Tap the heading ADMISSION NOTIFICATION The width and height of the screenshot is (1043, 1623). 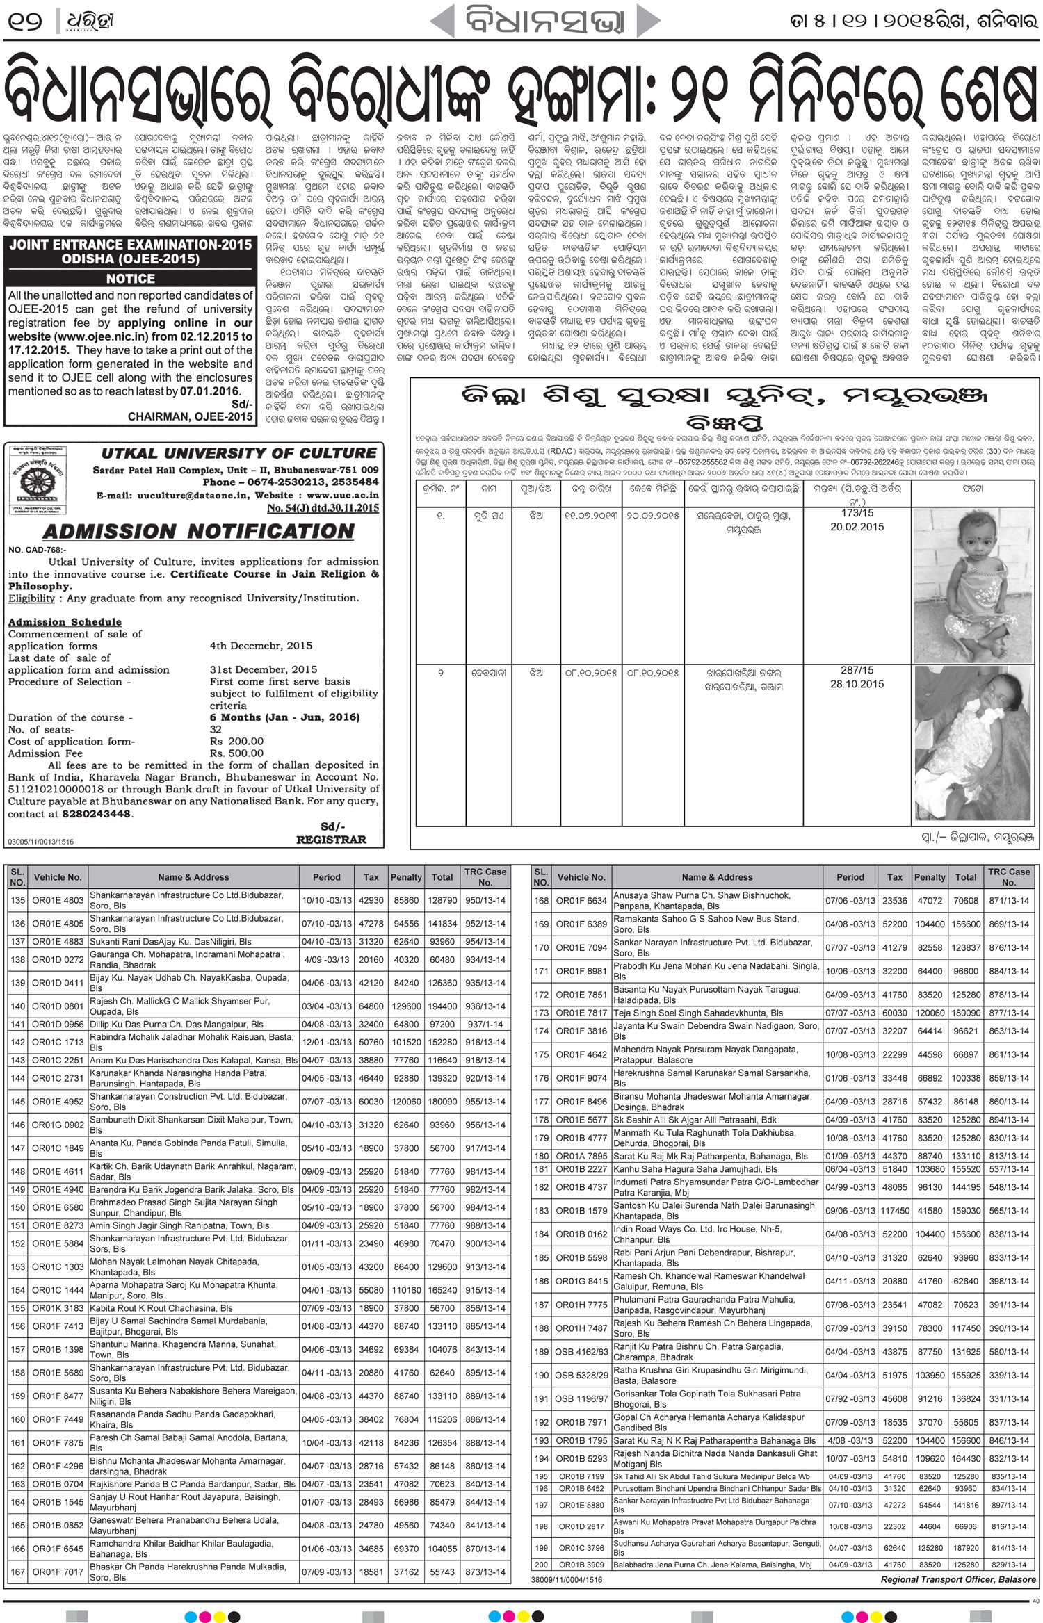(198, 532)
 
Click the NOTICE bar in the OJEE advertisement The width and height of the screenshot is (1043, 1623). (130, 279)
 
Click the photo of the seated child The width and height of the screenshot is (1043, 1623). (971, 585)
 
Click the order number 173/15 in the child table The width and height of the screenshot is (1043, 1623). (857, 513)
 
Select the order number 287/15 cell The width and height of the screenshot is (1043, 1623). (857, 671)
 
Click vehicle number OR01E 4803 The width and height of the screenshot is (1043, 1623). (58, 900)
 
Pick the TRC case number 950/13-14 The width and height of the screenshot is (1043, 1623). (485, 900)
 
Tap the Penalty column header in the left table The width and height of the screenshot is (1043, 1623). (407, 877)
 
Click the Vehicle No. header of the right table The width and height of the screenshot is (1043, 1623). (581, 877)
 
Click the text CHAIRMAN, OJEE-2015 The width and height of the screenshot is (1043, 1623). (191, 416)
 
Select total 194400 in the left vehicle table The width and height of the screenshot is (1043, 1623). (442, 1006)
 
